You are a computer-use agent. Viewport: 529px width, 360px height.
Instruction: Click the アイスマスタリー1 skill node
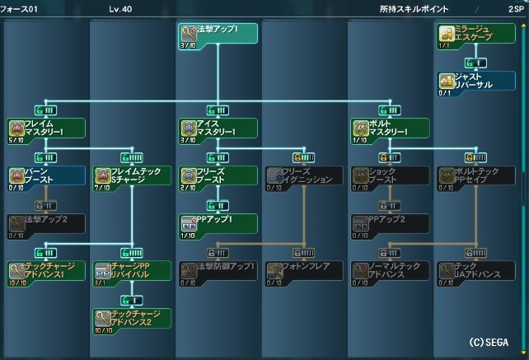pos(218,129)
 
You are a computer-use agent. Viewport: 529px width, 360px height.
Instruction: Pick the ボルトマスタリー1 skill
pos(390,129)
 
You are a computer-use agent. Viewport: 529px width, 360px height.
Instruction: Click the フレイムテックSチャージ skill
pos(132,176)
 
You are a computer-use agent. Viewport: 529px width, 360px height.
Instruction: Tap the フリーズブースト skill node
pos(218,176)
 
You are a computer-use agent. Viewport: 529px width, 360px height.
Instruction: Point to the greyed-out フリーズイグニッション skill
pos(303,176)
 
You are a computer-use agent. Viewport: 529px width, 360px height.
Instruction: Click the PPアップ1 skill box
pos(218,224)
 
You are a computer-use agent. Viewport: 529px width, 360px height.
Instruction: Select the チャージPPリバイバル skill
pos(132,272)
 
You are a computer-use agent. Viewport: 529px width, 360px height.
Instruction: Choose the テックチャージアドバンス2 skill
pos(132,319)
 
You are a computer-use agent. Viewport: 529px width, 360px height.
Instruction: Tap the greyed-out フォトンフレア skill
pos(303,272)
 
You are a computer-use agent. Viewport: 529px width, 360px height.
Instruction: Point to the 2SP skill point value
pos(515,8)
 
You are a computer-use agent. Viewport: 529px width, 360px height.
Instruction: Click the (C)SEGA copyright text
pos(489,341)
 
